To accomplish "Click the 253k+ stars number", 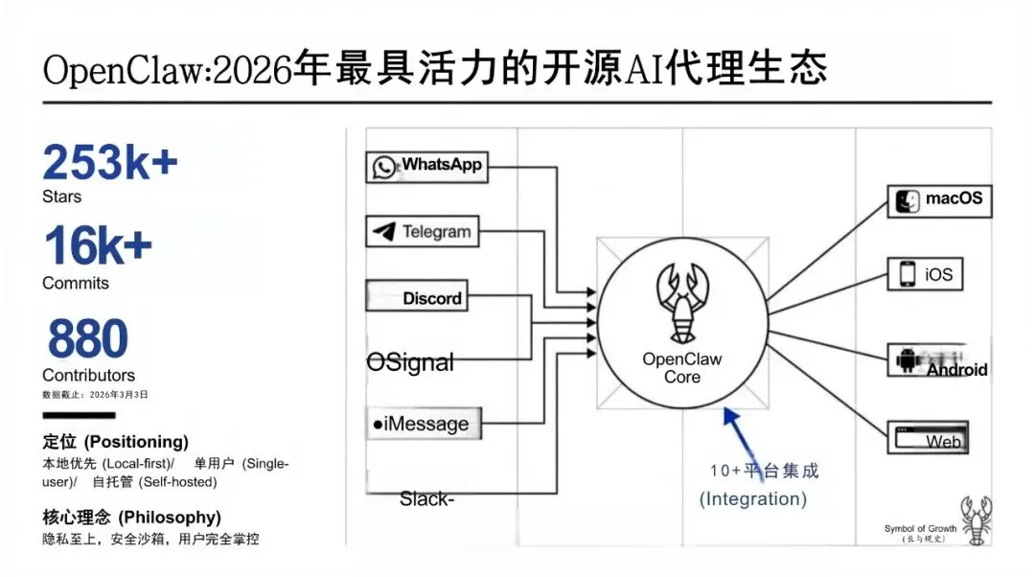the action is point(109,162).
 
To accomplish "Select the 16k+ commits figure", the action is point(97,246).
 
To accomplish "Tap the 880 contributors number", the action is point(87,338).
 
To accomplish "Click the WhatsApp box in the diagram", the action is point(426,167).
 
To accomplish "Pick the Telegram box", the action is point(423,231).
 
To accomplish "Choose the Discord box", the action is point(417,297).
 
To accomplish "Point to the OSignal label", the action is point(410,362).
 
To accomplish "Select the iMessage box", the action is point(422,423).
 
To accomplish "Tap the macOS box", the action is point(939,200).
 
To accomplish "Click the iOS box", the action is point(926,274).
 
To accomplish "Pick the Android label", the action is point(955,369).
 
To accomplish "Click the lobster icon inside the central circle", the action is point(682,298).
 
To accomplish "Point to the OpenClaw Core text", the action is point(682,368).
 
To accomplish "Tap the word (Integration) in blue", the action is point(752,498).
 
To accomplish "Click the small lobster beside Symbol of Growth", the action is point(976,520).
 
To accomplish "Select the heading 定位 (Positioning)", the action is point(115,442).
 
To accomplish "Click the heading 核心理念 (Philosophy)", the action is point(131,517).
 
